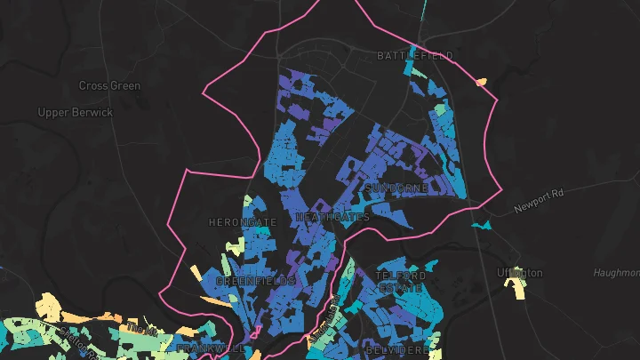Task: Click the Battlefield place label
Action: click(414, 56)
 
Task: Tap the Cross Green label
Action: click(110, 86)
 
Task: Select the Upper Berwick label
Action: click(76, 113)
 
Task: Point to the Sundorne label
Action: click(396, 188)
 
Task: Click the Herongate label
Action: click(242, 221)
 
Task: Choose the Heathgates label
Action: click(332, 218)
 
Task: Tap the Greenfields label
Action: click(255, 281)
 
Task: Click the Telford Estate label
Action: click(401, 282)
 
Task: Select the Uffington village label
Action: click(520, 273)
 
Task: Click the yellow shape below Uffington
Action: click(515, 289)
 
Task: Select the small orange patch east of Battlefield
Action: click(482, 83)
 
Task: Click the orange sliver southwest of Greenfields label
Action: click(214, 301)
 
